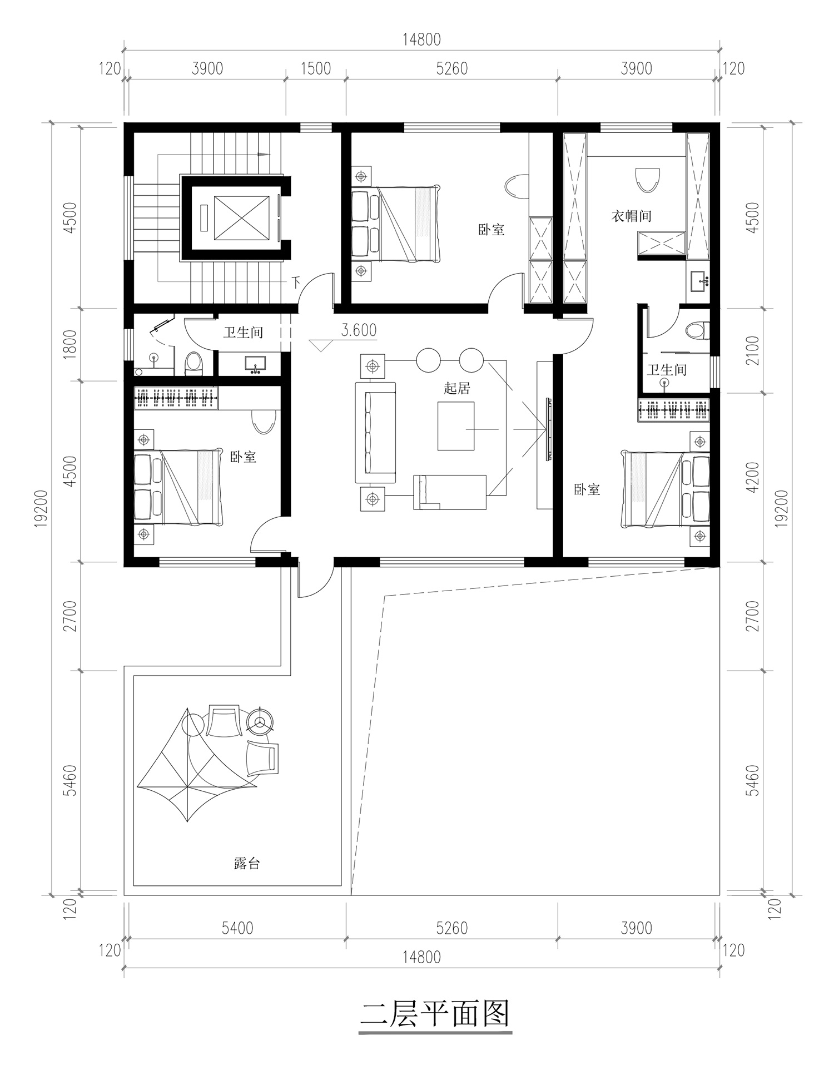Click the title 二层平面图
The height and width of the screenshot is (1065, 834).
[435, 1015]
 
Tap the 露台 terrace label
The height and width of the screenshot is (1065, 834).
[247, 864]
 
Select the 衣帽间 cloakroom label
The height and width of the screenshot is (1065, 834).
[631, 216]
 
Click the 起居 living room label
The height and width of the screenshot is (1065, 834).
[456, 388]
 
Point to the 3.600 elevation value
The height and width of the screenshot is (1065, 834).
[359, 330]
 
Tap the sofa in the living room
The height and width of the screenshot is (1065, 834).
[375, 433]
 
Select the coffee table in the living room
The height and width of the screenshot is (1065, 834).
[456, 426]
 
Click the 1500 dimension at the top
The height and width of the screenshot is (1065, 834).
[316, 68]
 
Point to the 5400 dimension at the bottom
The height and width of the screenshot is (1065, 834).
[237, 928]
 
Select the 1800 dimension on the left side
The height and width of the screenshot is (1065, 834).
[70, 345]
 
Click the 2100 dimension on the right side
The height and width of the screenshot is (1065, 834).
[753, 350]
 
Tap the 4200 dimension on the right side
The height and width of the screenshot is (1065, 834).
[753, 477]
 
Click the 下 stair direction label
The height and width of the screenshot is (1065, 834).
[296, 283]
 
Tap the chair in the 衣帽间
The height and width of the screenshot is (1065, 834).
[647, 180]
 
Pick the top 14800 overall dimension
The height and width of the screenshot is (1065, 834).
[421, 39]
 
